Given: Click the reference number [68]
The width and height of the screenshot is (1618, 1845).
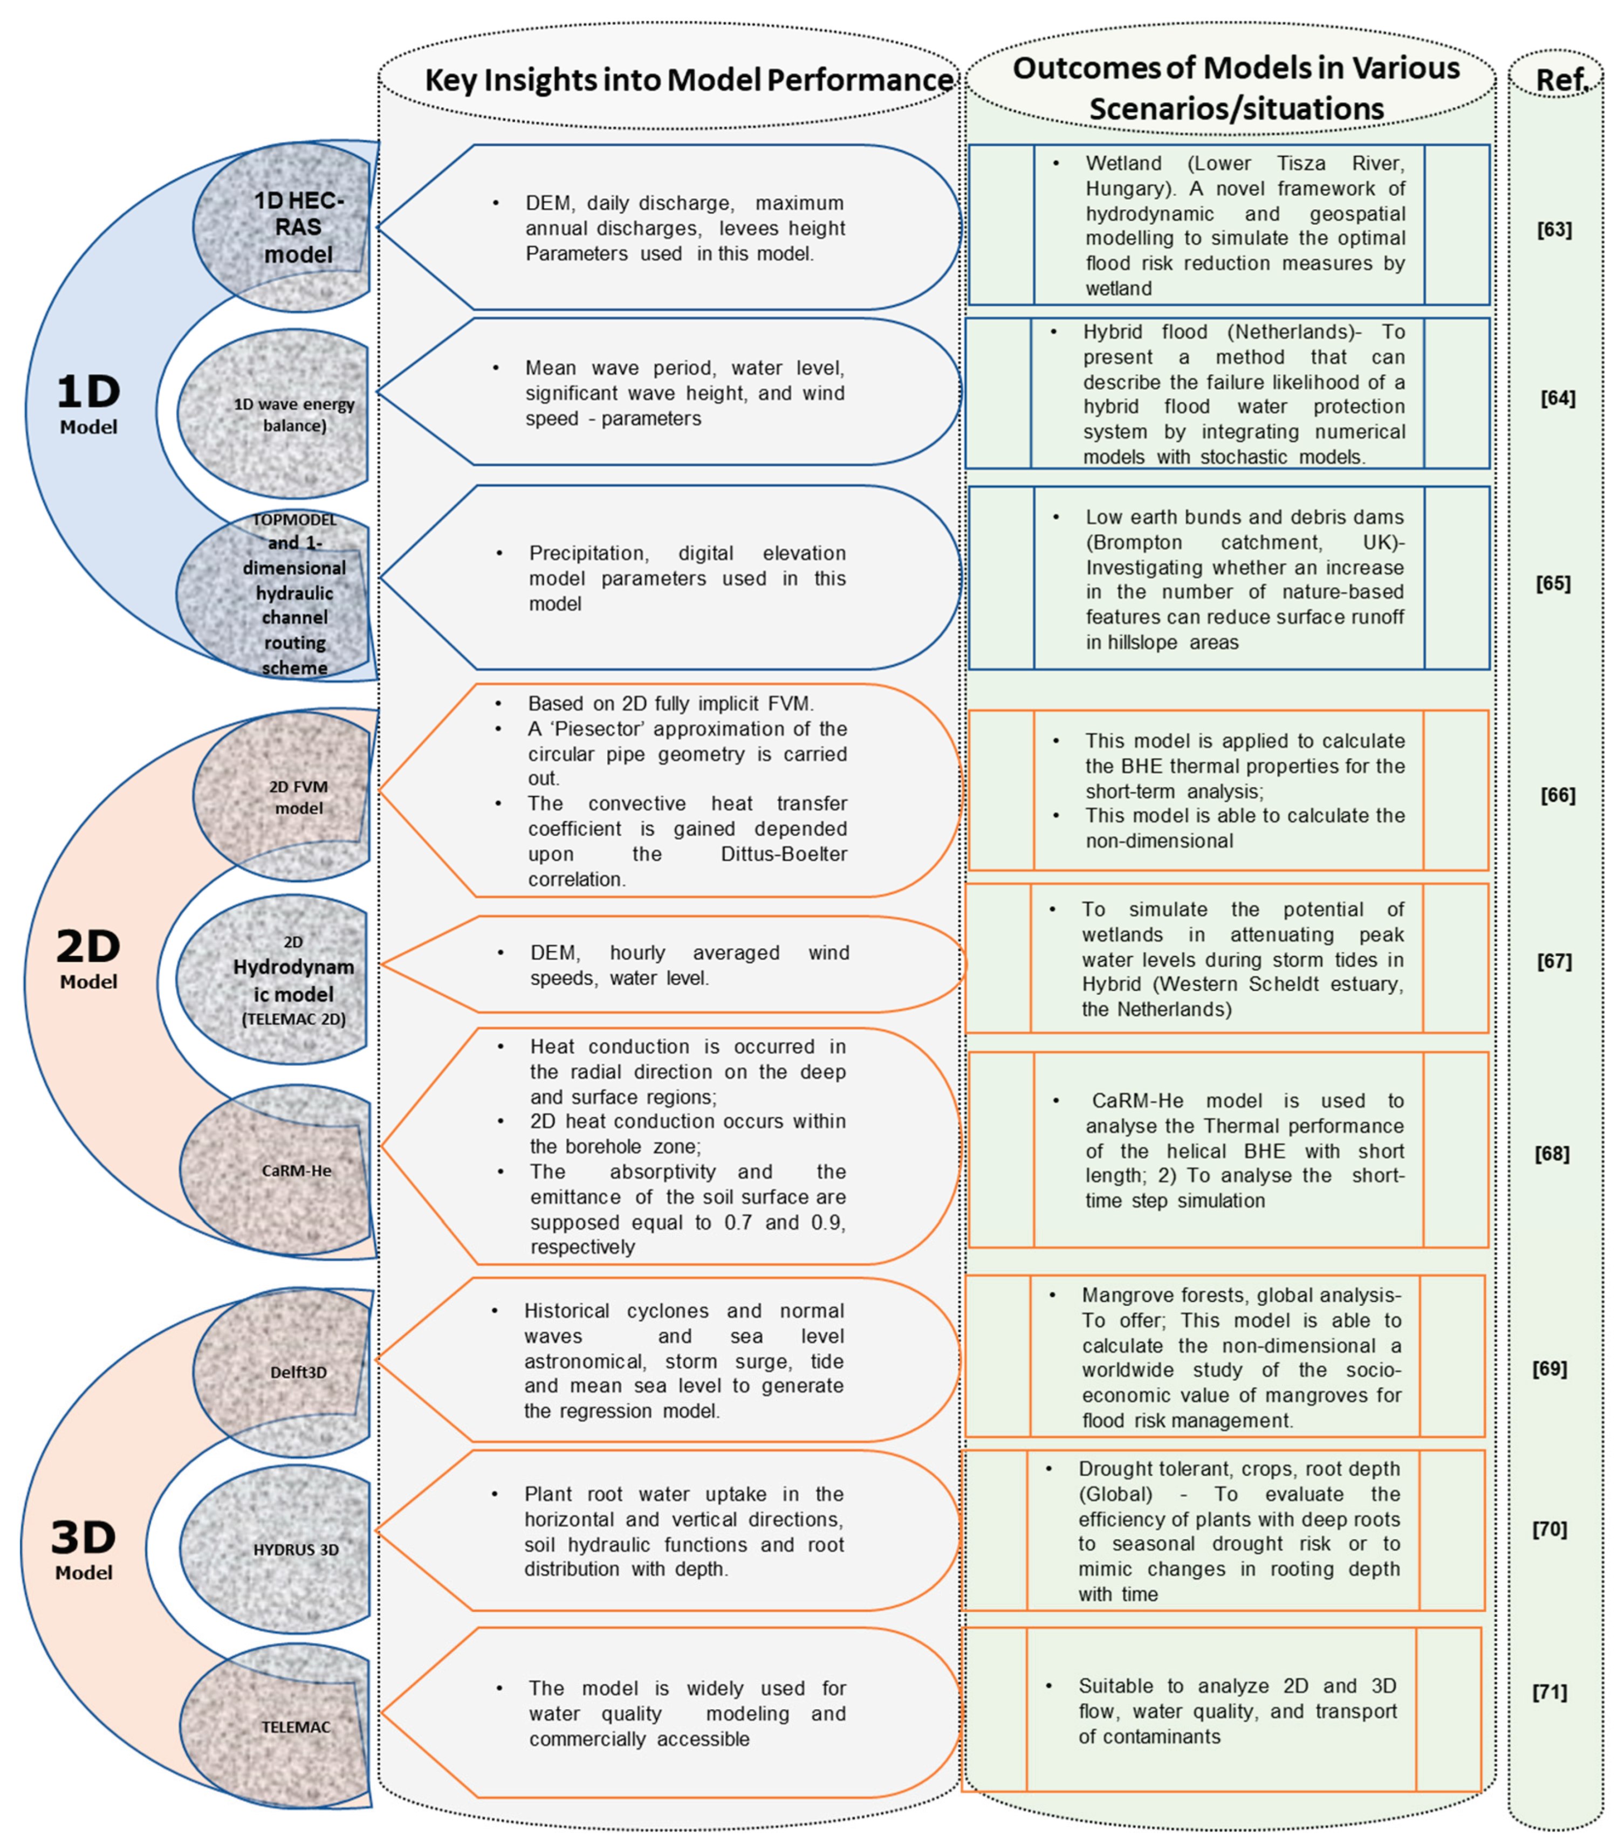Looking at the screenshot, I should (1552, 1154).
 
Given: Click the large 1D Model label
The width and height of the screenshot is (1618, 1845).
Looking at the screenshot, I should (88, 402).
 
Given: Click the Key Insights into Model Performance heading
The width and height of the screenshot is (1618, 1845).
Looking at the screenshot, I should (688, 79).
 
